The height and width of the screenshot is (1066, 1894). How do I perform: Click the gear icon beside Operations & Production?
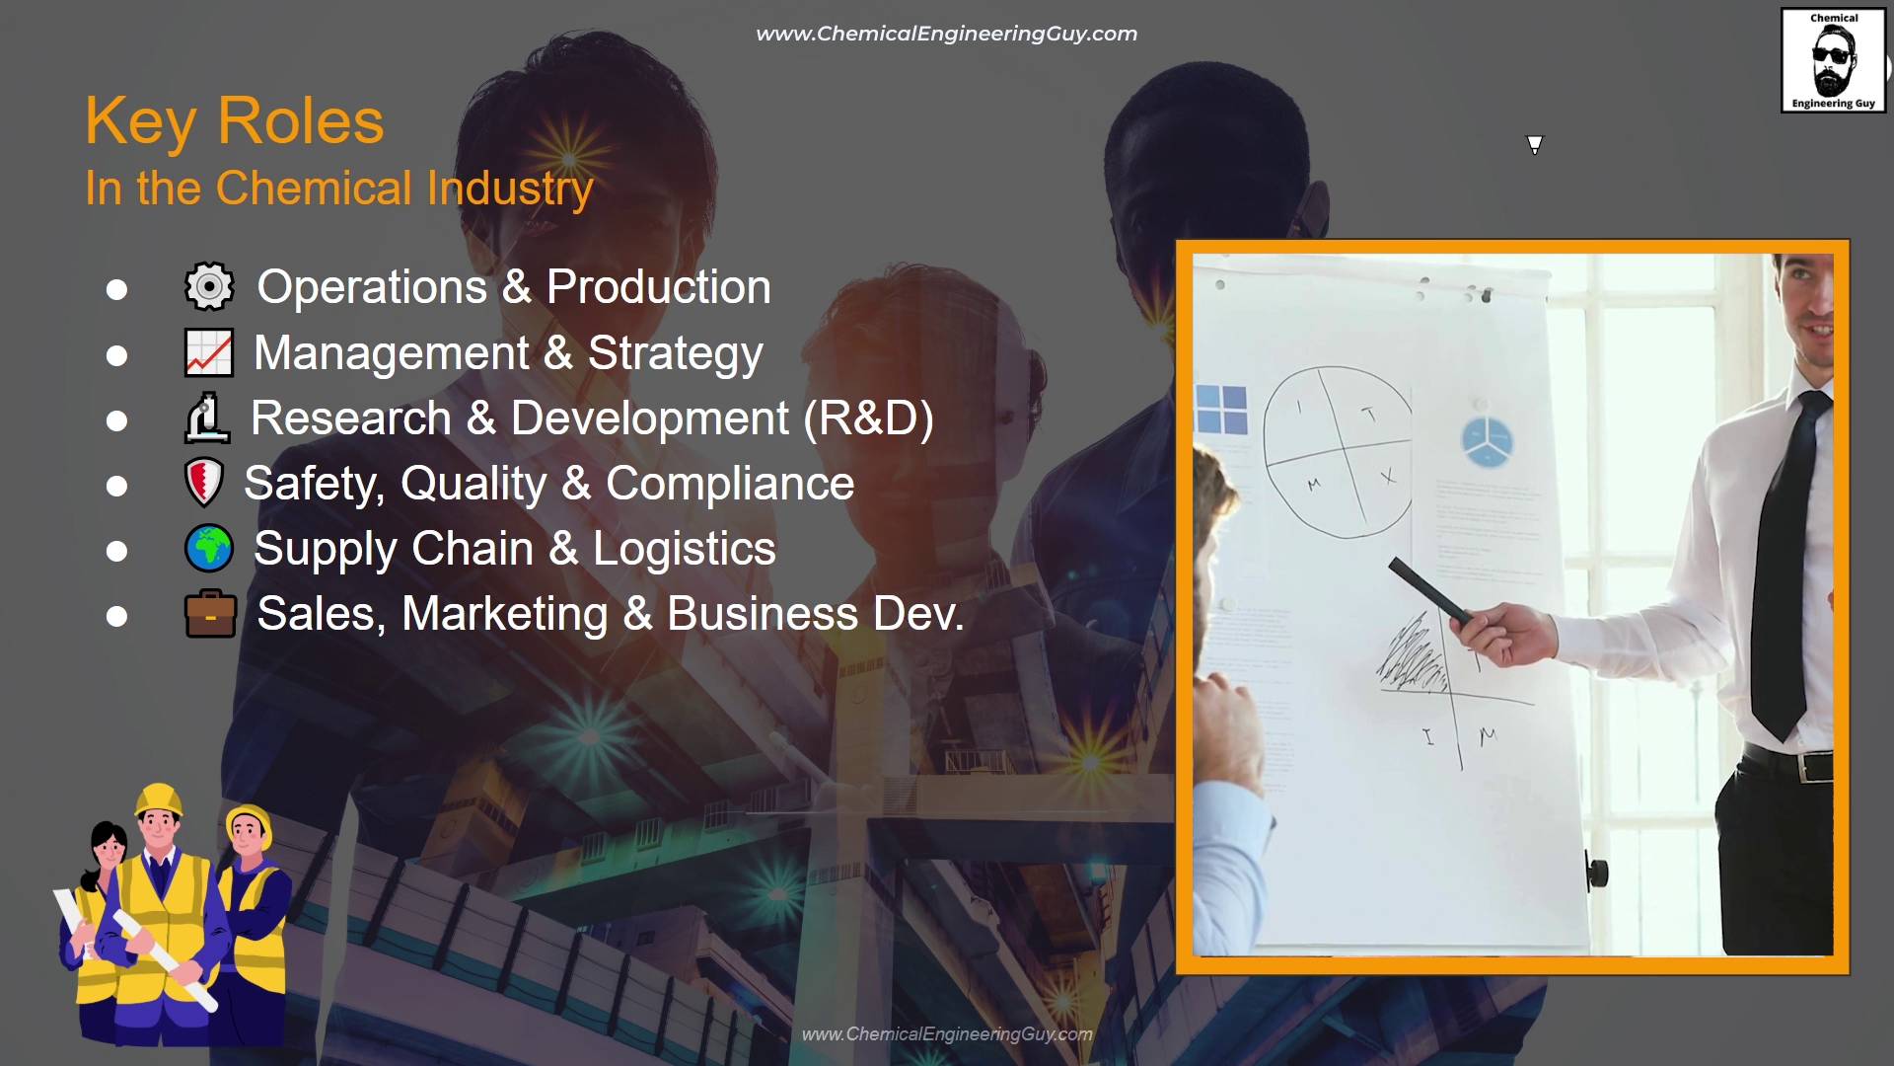(209, 286)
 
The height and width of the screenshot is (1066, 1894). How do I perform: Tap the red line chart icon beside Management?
(209, 352)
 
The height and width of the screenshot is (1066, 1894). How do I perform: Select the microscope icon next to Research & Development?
(207, 418)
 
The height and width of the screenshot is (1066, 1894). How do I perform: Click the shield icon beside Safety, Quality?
(204, 483)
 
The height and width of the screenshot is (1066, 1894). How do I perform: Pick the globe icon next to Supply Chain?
(209, 549)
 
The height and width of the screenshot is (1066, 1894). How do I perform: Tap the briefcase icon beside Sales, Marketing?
(210, 614)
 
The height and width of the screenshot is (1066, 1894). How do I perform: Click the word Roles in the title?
(300, 121)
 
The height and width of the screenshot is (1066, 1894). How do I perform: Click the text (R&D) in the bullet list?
(868, 419)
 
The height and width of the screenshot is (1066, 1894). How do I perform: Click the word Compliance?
(730, 484)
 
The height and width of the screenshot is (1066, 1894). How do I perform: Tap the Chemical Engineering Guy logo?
(1833, 60)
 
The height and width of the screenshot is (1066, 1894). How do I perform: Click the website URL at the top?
(946, 34)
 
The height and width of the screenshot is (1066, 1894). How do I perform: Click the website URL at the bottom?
(947, 1033)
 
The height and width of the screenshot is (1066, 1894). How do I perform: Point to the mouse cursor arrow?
(1535, 145)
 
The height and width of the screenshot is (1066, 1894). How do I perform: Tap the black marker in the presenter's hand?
(1429, 589)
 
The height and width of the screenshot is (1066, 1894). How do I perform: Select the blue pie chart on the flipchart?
(1487, 440)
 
